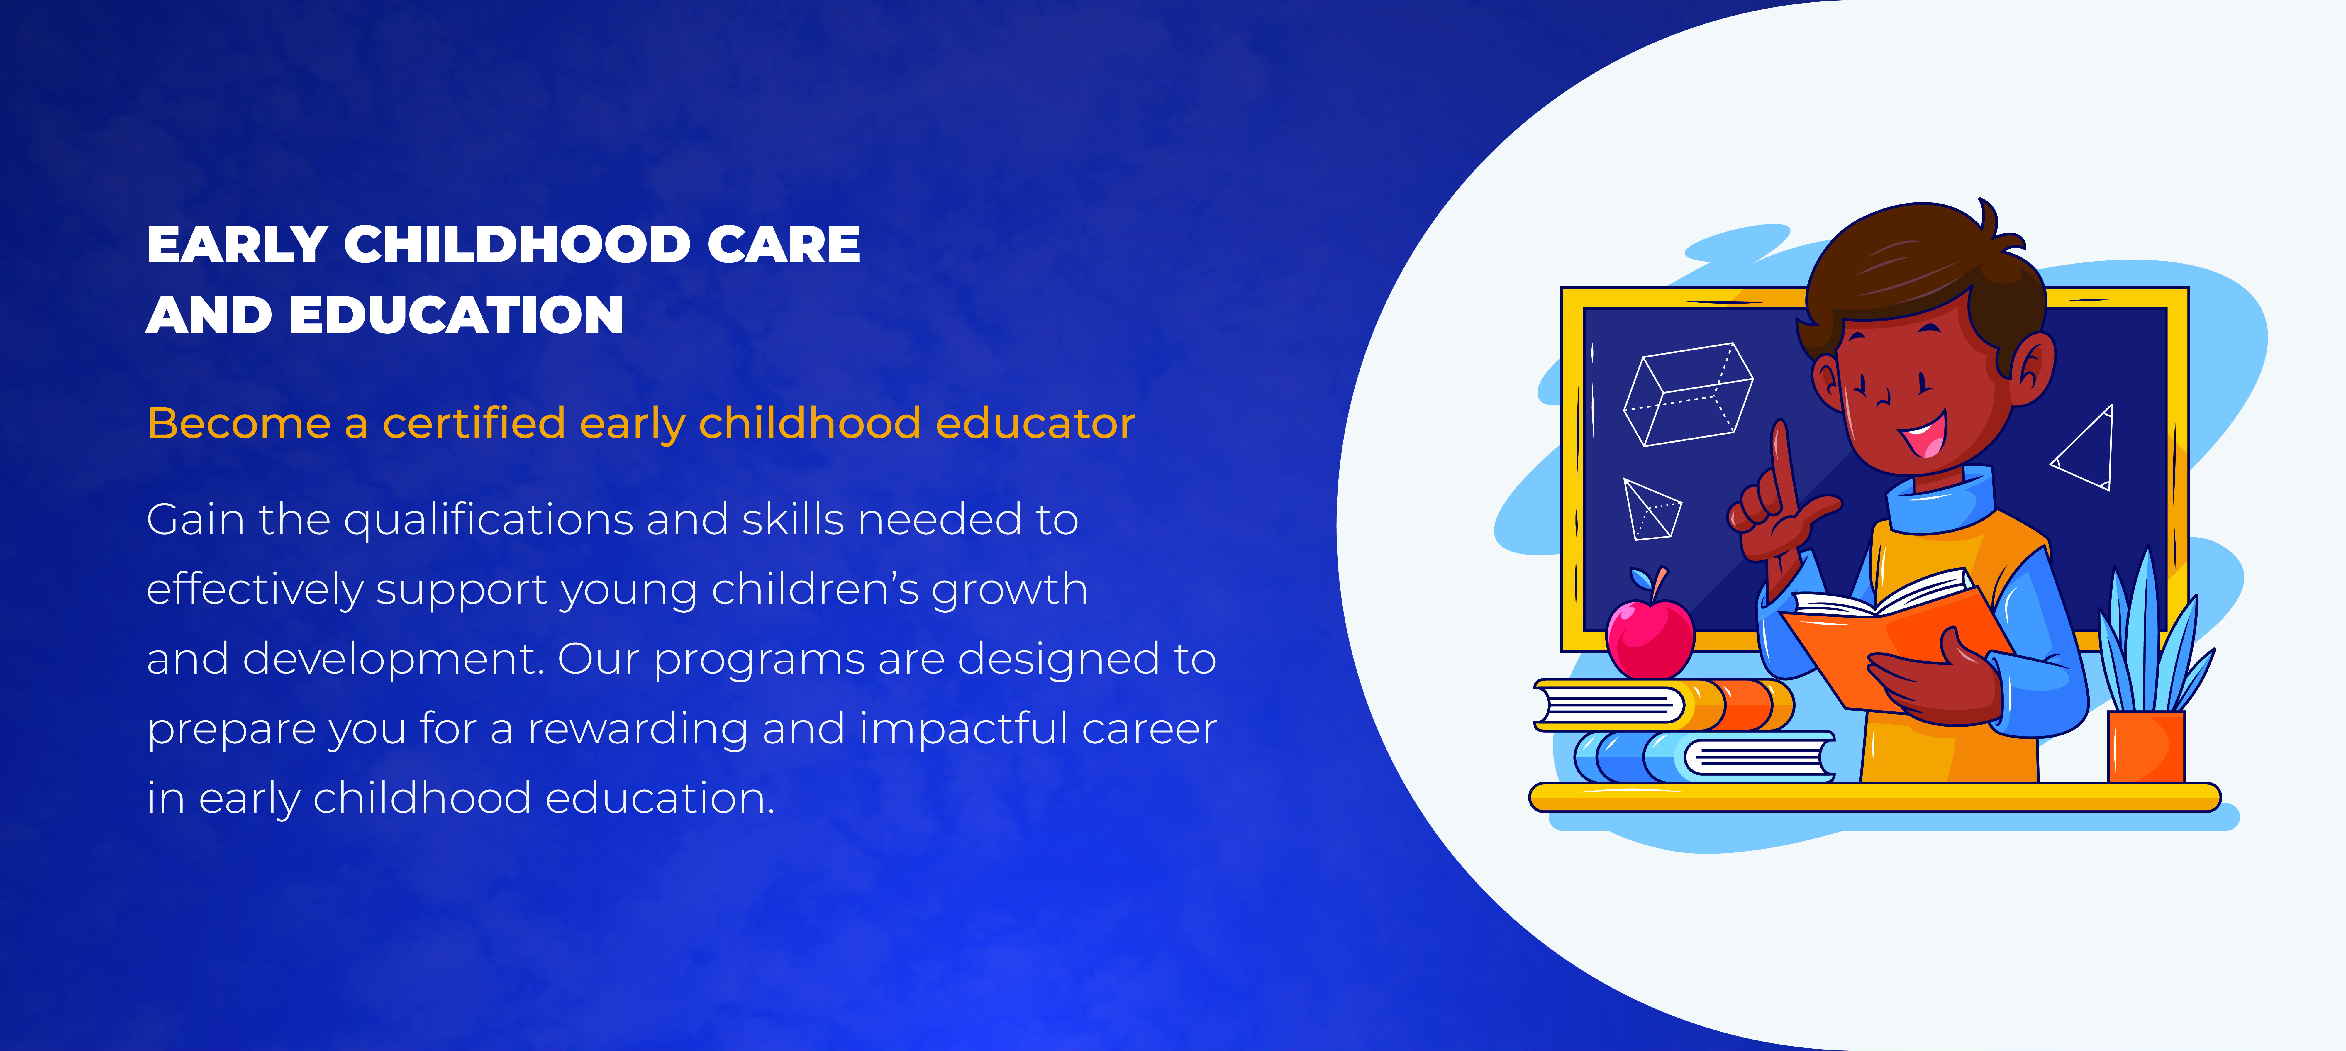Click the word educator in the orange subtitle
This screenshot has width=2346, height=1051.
click(x=1035, y=423)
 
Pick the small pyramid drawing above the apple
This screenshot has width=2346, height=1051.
click(x=1651, y=508)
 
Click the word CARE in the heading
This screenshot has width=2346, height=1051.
click(x=783, y=245)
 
